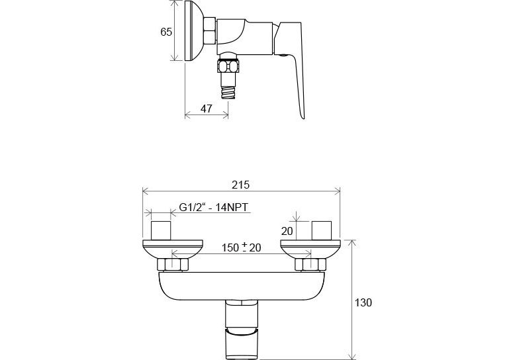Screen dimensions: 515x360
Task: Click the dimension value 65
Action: [166, 32]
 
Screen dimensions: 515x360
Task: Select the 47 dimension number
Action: [207, 109]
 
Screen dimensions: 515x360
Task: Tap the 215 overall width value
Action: [241, 185]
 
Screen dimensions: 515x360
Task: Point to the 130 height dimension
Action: [363, 302]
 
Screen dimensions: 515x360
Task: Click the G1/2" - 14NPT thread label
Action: [214, 207]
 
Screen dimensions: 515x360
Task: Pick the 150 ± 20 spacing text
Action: [242, 247]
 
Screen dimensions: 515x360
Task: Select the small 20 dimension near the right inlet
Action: [287, 231]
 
